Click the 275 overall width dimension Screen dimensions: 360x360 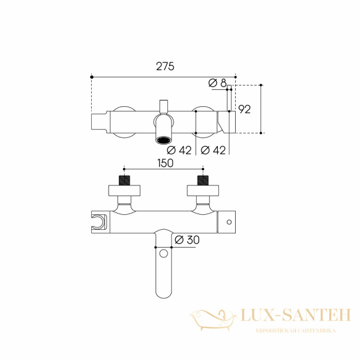pos(165,67)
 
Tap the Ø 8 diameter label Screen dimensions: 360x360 pos(217,83)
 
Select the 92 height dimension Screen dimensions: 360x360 pos(245,109)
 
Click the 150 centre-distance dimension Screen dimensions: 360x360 pos(165,163)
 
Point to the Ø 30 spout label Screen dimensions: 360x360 pos(187,240)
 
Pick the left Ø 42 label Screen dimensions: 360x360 pos(179,151)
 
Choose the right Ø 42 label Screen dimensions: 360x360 pos(213,151)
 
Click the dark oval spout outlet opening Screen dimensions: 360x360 pos(164,140)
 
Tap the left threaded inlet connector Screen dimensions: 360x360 pos(124,180)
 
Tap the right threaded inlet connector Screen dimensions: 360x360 pos(203,180)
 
